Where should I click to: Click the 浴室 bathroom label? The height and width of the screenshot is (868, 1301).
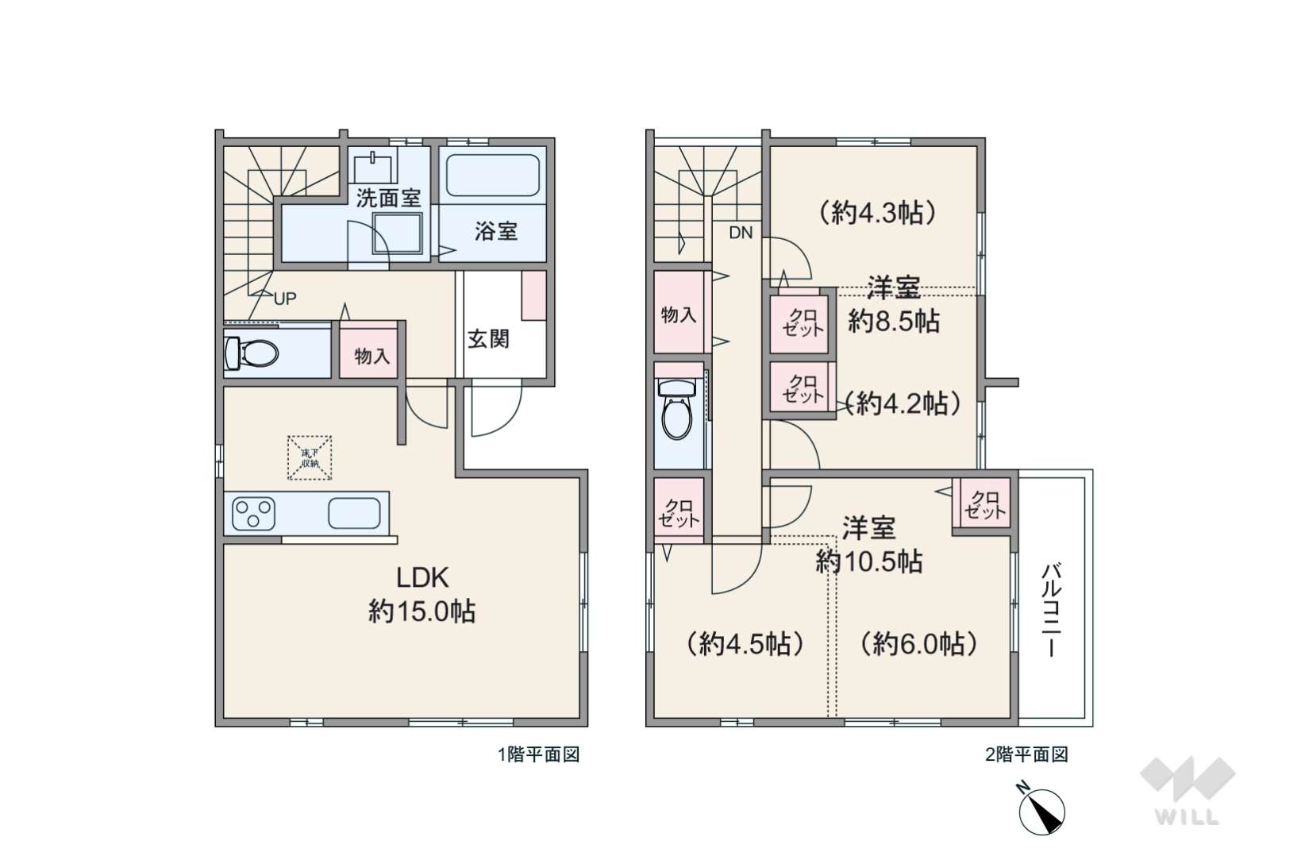point(496,232)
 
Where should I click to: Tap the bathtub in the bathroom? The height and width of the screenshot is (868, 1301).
point(492,175)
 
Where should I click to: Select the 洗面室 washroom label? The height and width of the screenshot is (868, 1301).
point(388,198)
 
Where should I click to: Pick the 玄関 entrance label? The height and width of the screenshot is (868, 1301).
point(488,339)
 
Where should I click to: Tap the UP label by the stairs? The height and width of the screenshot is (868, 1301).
point(285,299)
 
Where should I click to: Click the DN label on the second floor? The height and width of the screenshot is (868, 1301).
point(741,233)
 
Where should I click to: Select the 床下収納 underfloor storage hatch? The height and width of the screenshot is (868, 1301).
point(310,457)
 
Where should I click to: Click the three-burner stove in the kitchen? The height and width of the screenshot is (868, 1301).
point(253,514)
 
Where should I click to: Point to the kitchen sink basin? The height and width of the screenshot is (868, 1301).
point(354,514)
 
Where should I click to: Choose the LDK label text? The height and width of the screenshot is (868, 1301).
point(422,578)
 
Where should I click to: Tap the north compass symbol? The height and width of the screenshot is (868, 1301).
point(1041,810)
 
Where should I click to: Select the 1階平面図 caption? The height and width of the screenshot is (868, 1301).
point(538,754)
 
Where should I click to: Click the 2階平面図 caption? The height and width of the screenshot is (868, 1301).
point(1027,754)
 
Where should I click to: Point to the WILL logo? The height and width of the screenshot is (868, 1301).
point(1187,790)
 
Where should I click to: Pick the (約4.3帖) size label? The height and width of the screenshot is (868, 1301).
point(877,213)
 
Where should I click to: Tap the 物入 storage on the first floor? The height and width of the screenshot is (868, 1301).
point(371,356)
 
